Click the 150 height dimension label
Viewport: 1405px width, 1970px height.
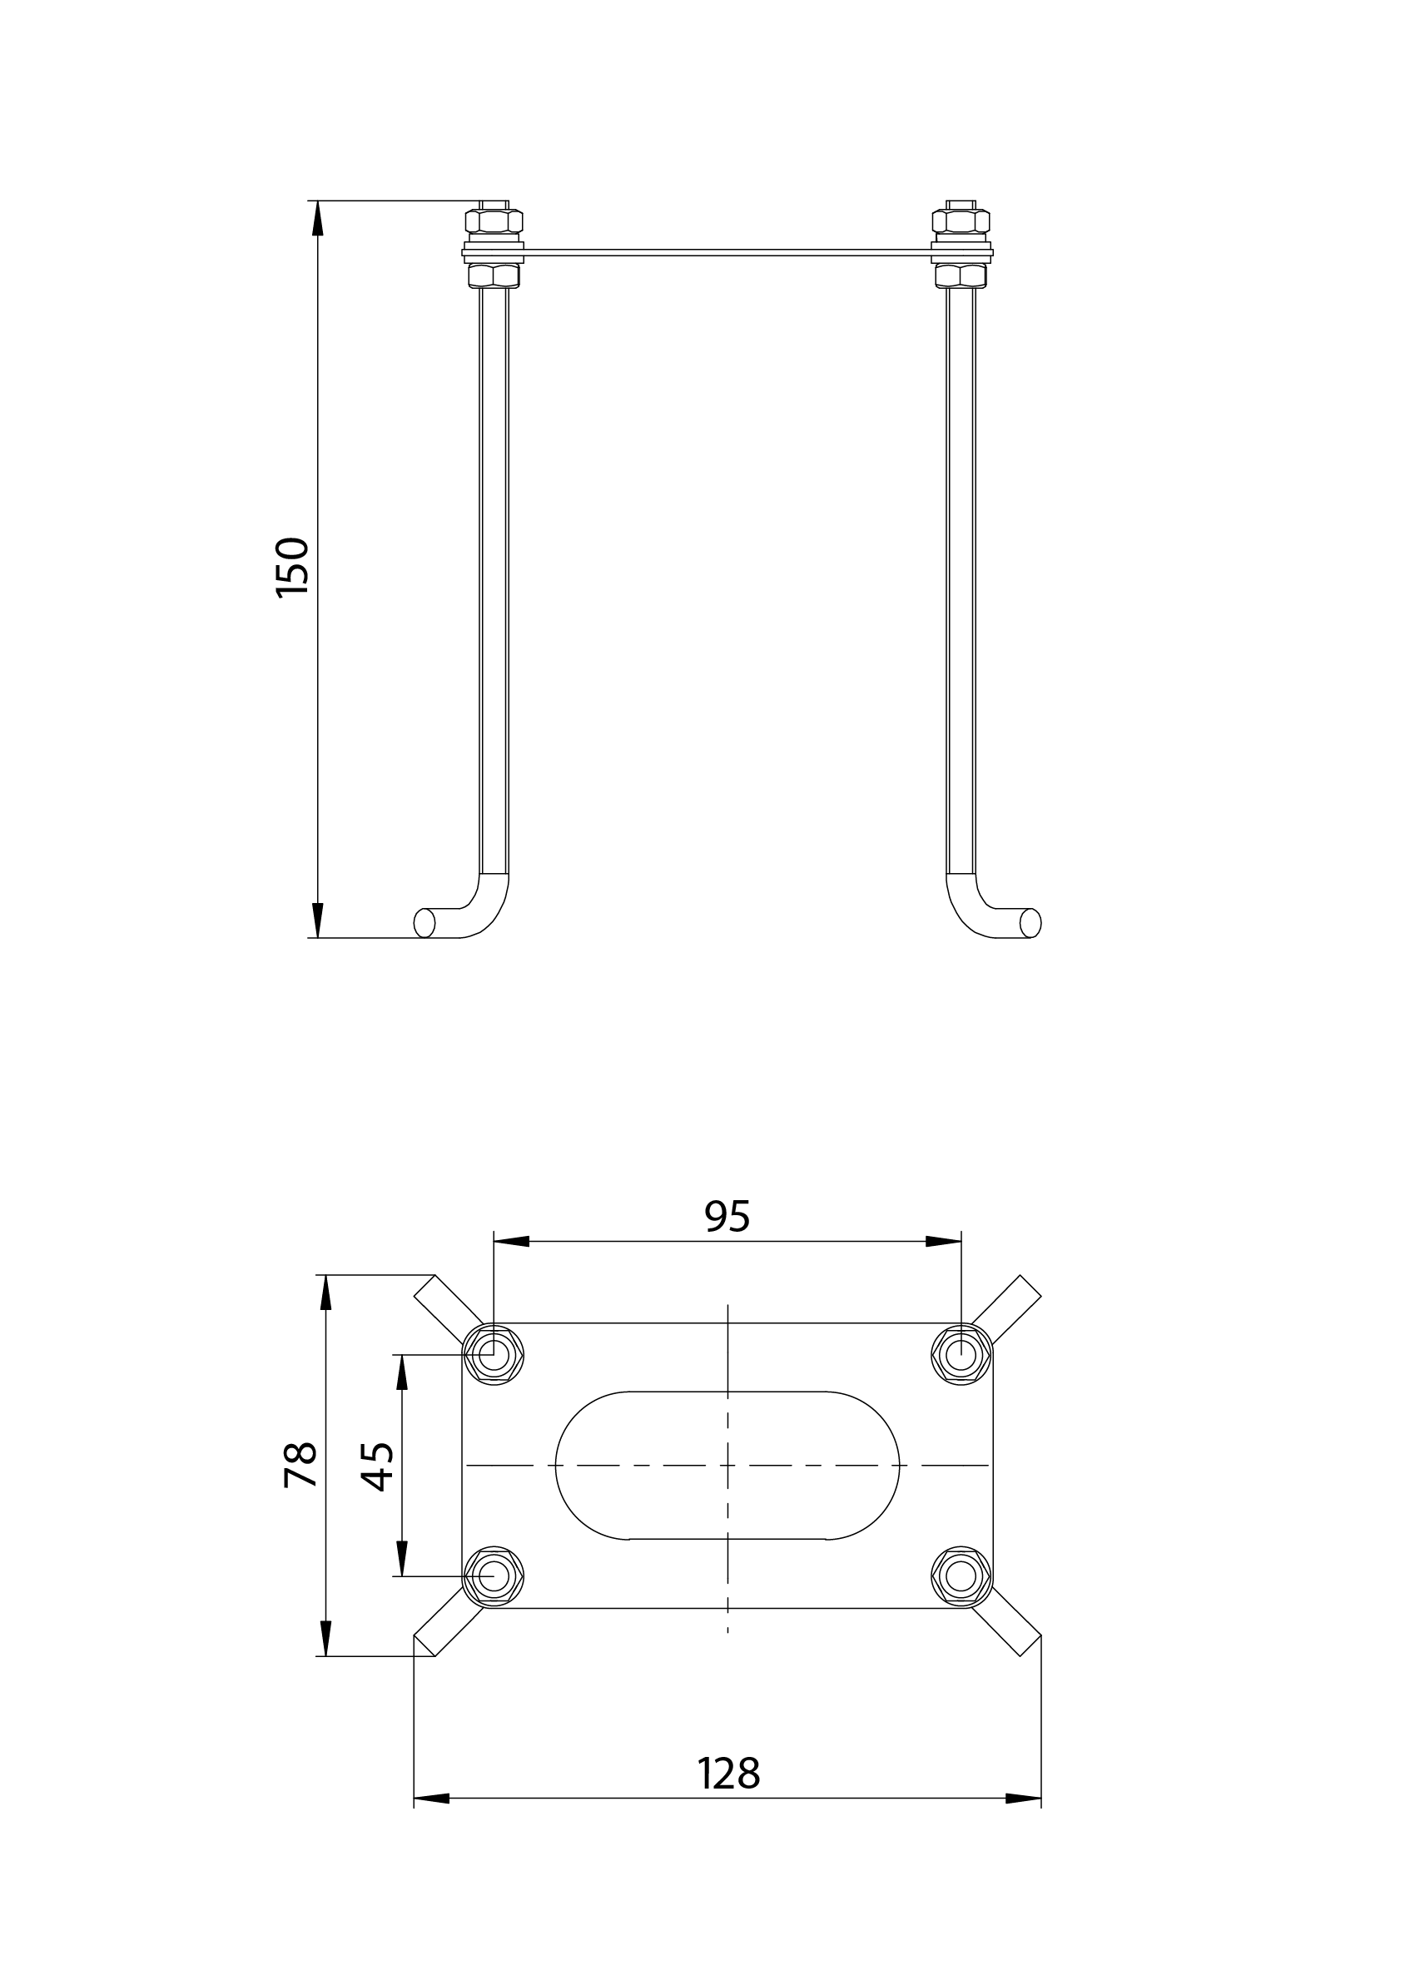point(292,567)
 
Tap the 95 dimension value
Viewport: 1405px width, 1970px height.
point(727,1217)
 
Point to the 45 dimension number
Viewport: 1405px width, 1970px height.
point(377,1466)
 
